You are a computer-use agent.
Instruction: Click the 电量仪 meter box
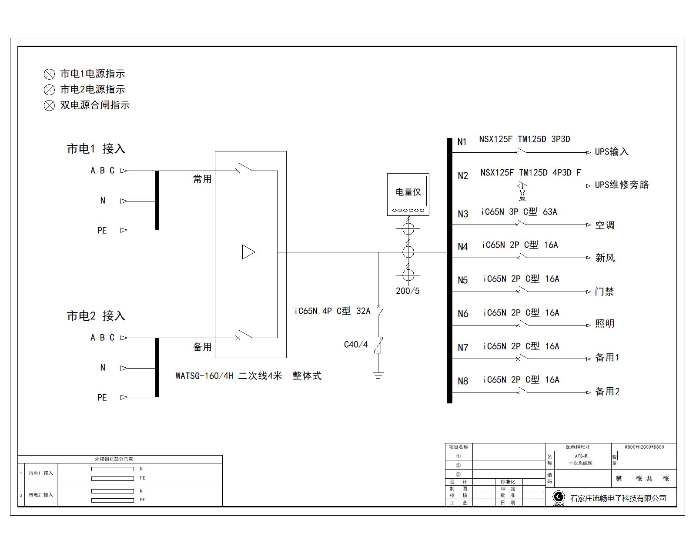pos(408,195)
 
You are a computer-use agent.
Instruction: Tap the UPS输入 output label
pos(612,152)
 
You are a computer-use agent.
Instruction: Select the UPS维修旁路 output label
pos(622,185)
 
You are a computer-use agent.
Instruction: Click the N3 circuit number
pos(463,214)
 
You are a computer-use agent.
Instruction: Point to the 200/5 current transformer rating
pos(408,291)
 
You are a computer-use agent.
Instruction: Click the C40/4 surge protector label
pos(356,345)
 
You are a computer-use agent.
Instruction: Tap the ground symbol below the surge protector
pos(378,375)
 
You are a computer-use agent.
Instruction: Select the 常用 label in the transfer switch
pos(202,179)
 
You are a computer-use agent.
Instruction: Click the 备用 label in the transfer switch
pos(202,347)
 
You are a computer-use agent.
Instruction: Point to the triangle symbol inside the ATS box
pos(248,252)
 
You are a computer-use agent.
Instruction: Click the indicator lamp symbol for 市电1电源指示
pos(49,74)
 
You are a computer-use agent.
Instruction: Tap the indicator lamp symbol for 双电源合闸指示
pos(49,105)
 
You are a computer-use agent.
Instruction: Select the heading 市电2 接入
pos(96,316)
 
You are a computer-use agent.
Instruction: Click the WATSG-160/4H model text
pos(204,376)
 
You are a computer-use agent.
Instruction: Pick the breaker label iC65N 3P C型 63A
pos(519,212)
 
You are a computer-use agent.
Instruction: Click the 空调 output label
pos(605,225)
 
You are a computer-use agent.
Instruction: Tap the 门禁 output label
pos(604,292)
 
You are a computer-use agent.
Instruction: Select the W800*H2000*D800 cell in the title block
pos(644,447)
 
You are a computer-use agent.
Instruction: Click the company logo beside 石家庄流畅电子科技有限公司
pos(559,497)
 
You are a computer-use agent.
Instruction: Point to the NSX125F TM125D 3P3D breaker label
pos(525,139)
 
